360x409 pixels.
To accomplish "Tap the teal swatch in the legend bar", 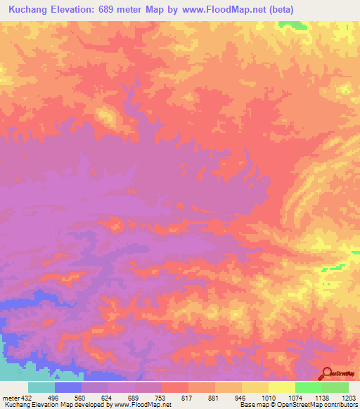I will [41, 387].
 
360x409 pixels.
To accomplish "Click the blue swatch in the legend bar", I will [68, 387].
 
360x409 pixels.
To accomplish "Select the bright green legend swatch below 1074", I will [309, 387].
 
